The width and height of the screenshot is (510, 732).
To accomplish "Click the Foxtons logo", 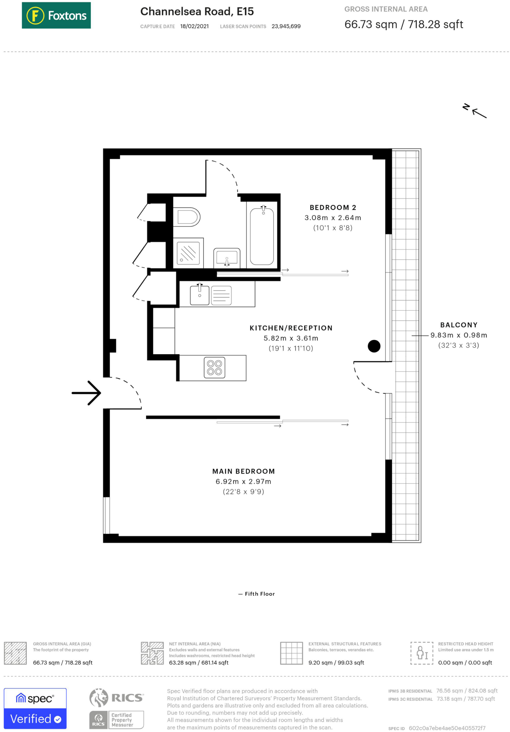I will [56, 15].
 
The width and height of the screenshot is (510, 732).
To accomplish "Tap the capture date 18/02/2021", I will [194, 26].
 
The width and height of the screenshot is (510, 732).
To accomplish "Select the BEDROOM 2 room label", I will [333, 208].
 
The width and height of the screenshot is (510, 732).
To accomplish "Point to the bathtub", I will [262, 236].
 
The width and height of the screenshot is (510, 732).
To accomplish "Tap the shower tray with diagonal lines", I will [188, 253].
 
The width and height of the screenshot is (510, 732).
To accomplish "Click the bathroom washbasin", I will [227, 257].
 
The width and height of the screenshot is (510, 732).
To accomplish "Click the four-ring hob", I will [214, 367].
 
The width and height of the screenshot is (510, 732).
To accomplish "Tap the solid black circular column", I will [374, 346].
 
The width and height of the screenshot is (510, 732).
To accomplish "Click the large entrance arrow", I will [87, 393].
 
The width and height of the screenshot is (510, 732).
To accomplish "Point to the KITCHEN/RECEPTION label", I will [291, 328].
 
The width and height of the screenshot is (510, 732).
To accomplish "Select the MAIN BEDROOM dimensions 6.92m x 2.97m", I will [243, 481].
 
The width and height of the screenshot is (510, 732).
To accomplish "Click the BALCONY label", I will [459, 325].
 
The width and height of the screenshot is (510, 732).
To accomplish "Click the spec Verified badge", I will [35, 708].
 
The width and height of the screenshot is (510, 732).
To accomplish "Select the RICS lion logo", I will [99, 697].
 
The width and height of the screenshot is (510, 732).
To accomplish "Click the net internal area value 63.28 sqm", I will [182, 663].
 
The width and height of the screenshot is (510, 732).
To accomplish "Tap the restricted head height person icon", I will [422, 653].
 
